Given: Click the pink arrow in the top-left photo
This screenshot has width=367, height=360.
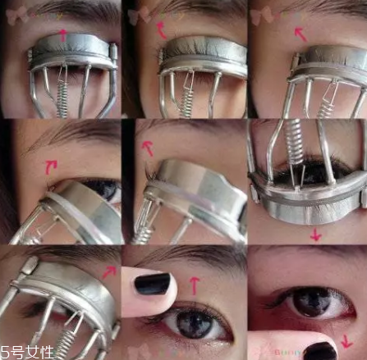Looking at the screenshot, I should [62, 34].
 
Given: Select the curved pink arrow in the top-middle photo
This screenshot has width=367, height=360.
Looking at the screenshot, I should [161, 30].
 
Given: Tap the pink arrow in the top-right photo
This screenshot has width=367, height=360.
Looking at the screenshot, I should [300, 34].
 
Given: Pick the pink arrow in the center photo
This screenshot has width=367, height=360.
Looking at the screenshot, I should [148, 148].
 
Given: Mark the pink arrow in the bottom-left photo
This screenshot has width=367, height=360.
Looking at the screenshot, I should [109, 271].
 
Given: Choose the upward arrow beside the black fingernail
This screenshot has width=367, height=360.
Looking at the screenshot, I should [194, 285].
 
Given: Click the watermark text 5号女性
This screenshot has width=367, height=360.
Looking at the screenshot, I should [27, 351].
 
